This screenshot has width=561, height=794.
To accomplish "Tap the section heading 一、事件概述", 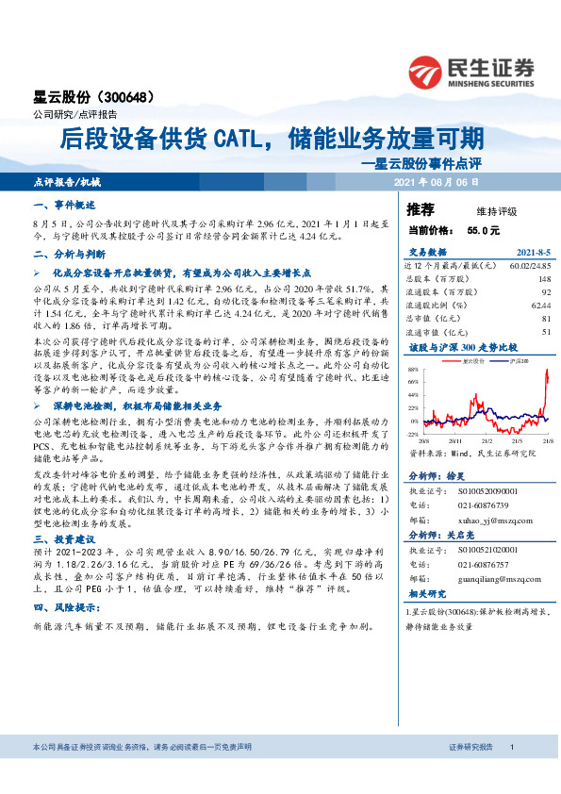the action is tap(62, 205).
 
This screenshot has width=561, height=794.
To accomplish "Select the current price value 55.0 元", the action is tap(483, 230).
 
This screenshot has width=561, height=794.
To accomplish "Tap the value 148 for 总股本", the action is tap(544, 279).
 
